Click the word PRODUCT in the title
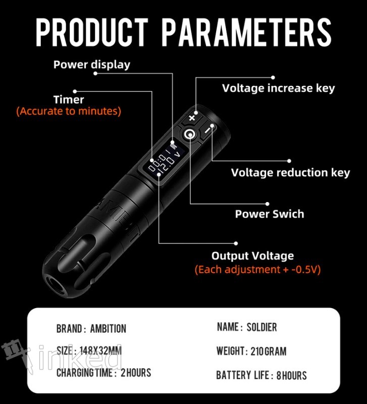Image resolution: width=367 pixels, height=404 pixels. (92, 32)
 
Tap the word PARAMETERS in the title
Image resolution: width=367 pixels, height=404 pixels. (247, 32)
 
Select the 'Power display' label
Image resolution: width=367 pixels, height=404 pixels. (92, 65)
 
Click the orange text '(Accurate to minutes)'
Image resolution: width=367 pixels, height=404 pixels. (69, 111)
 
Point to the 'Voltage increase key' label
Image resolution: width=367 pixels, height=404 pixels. (278, 88)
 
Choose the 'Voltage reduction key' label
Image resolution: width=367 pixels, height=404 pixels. (290, 173)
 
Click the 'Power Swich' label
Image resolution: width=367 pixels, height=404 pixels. (270, 214)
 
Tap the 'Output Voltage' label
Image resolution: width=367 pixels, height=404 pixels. (252, 256)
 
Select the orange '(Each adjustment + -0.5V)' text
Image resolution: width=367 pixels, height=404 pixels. (257, 270)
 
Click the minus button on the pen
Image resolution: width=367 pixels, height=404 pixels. (207, 130)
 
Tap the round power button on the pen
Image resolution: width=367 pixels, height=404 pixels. (190, 134)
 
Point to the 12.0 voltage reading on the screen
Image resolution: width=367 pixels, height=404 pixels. (167, 165)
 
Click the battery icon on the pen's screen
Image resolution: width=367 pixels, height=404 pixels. (174, 145)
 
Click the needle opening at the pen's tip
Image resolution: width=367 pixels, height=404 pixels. (55, 285)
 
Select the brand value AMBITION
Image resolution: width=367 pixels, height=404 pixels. (108, 329)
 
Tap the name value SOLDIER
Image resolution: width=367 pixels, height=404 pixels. (261, 327)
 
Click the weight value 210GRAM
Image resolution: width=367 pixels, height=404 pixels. (269, 351)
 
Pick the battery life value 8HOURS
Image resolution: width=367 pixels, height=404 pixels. (292, 375)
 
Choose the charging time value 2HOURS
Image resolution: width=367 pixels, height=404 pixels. (136, 373)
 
